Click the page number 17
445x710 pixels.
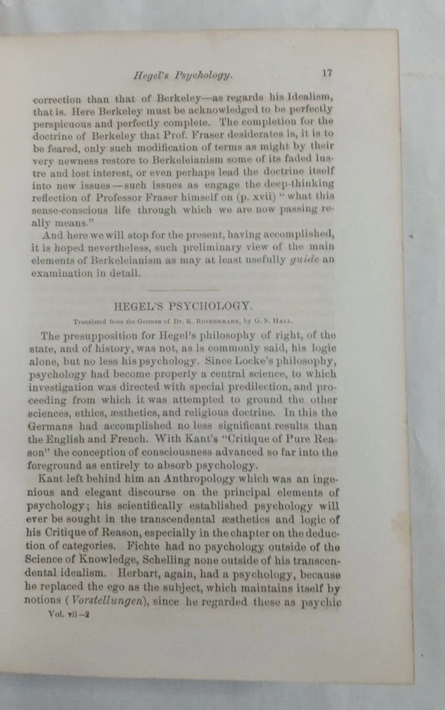[327, 72]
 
